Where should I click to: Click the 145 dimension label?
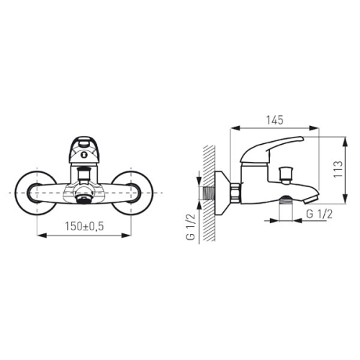pyautogui.click(x=275, y=120)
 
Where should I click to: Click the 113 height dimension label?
pyautogui.click(x=338, y=169)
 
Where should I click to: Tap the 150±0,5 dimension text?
pyautogui.click(x=84, y=226)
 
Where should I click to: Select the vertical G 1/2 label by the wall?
pyautogui.click(x=191, y=226)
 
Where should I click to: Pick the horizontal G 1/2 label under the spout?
pyautogui.click(x=320, y=214)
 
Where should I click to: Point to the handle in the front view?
pyautogui.click(x=84, y=150)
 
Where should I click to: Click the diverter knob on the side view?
pyautogui.click(x=285, y=176)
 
